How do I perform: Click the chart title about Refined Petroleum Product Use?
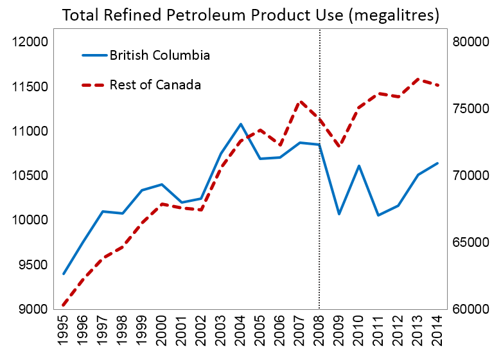click(x=251, y=15)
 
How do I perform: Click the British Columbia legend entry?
click(x=146, y=55)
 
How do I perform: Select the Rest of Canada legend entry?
click(x=141, y=85)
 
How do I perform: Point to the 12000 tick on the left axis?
click(x=30, y=42)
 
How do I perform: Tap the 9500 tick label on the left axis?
click(x=33, y=265)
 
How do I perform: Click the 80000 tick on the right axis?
click(x=471, y=42)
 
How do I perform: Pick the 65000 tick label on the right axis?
click(x=471, y=242)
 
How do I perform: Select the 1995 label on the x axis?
click(x=63, y=330)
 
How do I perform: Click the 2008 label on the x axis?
click(x=319, y=330)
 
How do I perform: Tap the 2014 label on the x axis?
click(x=437, y=330)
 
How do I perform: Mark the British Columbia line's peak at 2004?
click(x=241, y=123)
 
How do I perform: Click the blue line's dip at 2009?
click(x=339, y=214)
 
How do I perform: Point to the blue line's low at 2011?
click(x=378, y=215)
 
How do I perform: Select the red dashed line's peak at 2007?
click(x=300, y=102)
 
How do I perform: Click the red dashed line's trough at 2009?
click(x=339, y=146)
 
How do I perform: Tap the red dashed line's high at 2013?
click(x=418, y=78)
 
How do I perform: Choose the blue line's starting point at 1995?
click(x=64, y=274)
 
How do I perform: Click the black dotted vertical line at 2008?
click(x=319, y=169)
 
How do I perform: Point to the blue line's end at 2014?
click(x=437, y=163)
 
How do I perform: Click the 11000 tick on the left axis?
click(x=30, y=131)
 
